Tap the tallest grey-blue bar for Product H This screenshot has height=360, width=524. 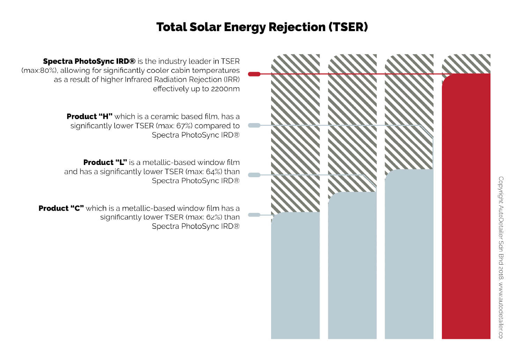[x=409, y=255]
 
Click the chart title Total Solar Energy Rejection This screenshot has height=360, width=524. [x=262, y=27]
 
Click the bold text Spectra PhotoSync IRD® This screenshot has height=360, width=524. [x=89, y=62]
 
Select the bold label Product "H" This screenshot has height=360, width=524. [x=89, y=116]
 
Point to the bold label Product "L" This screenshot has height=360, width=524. [x=105, y=163]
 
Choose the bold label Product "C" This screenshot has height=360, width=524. [x=61, y=208]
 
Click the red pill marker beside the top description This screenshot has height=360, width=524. [x=254, y=74]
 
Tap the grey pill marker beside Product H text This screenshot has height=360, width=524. [x=254, y=125]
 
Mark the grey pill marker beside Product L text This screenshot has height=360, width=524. [x=254, y=175]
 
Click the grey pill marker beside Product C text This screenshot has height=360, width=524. [x=254, y=215]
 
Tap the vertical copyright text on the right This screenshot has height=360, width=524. [x=501, y=257]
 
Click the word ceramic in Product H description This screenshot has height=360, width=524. [x=164, y=116]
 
